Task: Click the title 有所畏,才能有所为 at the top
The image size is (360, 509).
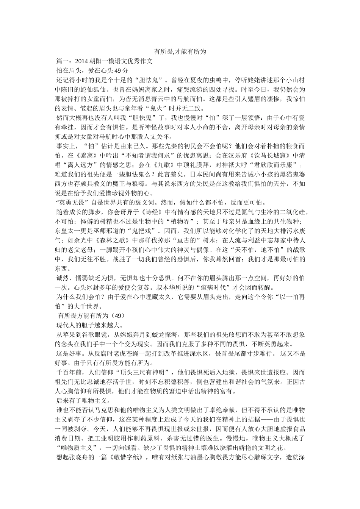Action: tap(180, 52)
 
